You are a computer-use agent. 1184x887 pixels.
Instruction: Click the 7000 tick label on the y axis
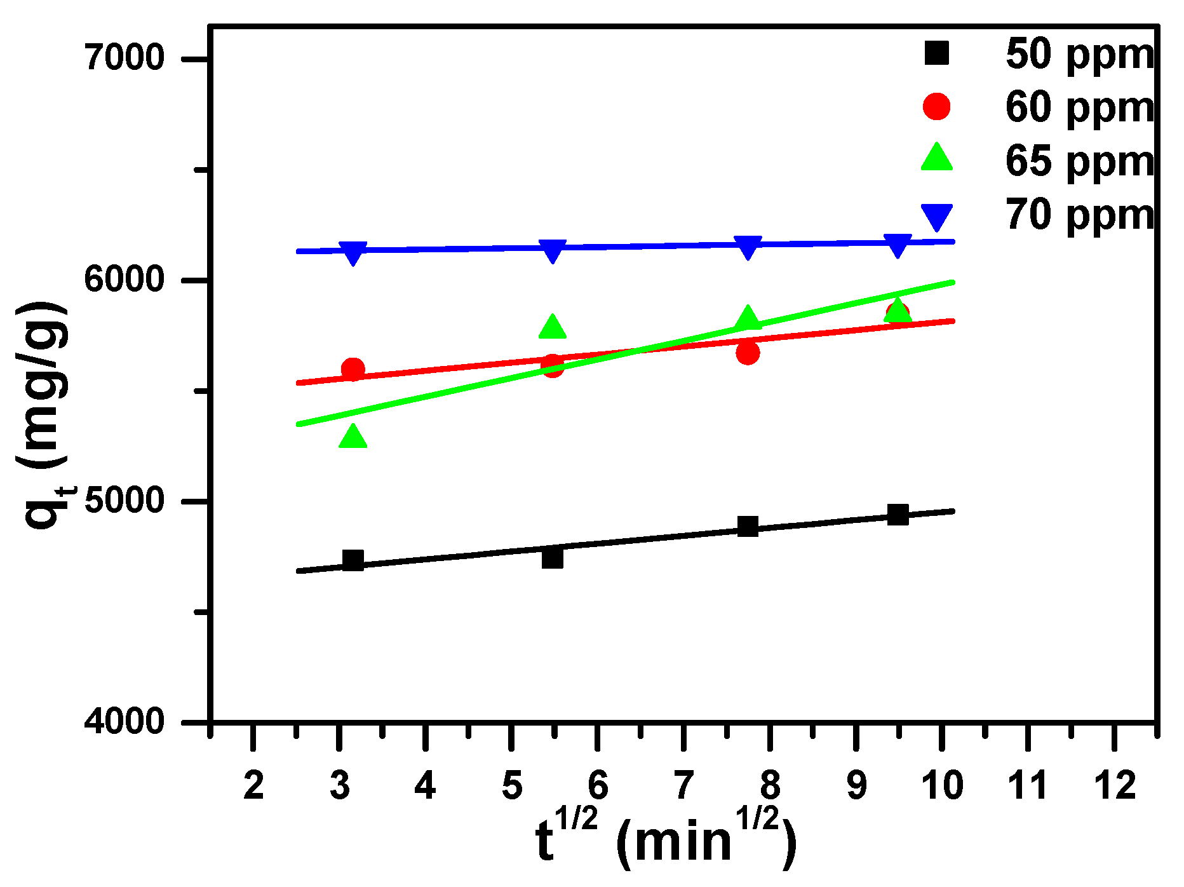124,58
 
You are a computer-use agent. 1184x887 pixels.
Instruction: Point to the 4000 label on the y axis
124,722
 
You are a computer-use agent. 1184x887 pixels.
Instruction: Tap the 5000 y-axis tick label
124,501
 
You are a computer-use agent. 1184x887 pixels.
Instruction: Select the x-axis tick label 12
1114,785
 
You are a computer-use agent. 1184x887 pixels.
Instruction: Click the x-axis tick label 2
253,785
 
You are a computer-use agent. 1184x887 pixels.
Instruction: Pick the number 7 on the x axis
683,785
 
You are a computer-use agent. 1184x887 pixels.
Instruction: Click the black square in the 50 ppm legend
937,53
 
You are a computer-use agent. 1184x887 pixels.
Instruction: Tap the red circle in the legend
937,106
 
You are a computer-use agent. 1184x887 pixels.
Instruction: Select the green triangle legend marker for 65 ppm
937,159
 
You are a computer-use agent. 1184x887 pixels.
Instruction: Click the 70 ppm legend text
1079,214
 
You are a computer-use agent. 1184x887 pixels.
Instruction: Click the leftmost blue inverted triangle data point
353,252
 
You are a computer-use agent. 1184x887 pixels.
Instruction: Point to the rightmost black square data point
898,514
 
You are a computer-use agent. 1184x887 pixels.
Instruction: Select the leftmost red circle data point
353,369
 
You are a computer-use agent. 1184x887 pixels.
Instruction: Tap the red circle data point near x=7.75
748,352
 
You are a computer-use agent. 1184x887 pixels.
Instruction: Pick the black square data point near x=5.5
552,558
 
